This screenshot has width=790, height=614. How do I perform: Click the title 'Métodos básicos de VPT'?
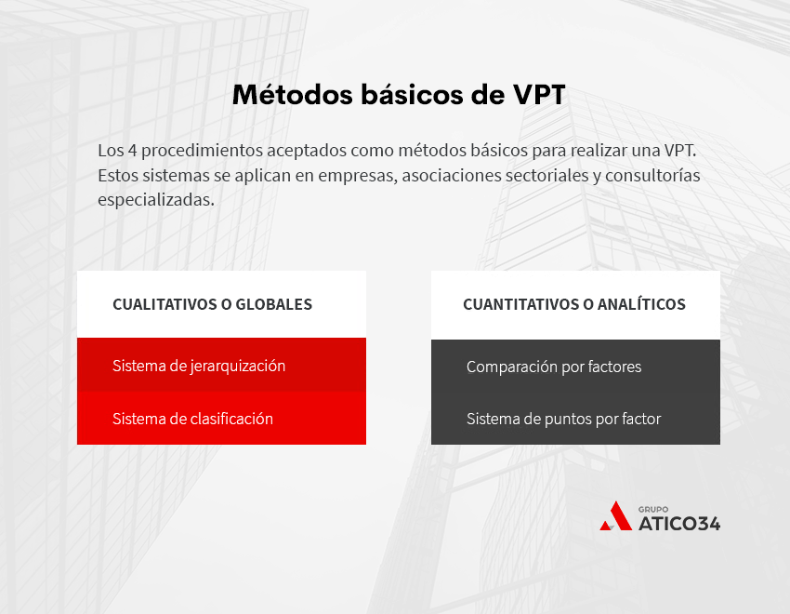pyautogui.click(x=398, y=96)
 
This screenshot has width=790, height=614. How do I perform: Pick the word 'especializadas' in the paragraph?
pyautogui.click(x=155, y=199)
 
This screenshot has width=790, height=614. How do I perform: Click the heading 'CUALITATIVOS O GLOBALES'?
pyautogui.click(x=212, y=304)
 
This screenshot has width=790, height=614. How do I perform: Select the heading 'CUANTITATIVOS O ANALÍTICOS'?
pyautogui.click(x=574, y=304)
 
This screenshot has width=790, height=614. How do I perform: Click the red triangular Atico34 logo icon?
pyautogui.click(x=615, y=516)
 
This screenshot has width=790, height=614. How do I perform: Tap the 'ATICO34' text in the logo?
pyautogui.click(x=678, y=524)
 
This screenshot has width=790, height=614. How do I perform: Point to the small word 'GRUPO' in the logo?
pyautogui.click(x=653, y=508)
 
